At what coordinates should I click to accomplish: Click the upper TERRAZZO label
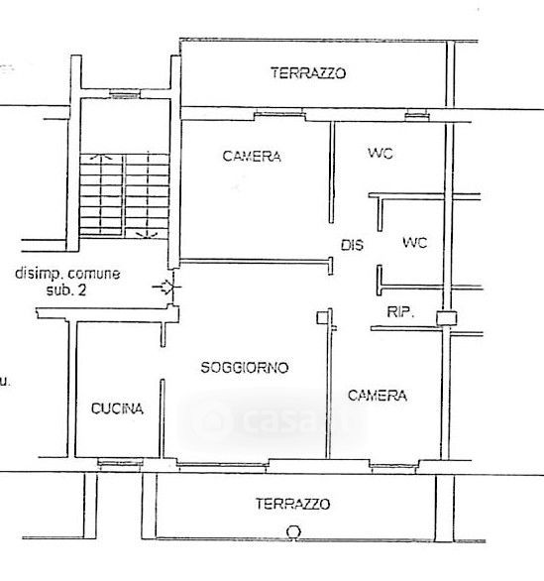tap(308, 73)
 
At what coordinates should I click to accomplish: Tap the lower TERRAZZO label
tap(292, 504)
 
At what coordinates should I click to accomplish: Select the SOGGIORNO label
tap(245, 367)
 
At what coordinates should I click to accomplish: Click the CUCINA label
tap(117, 408)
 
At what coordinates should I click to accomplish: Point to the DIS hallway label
tap(352, 245)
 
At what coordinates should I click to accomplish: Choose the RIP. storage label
tap(400, 312)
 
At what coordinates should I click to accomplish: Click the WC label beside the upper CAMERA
tap(381, 153)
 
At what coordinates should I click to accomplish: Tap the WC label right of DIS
tap(415, 243)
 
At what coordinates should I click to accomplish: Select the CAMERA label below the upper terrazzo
tap(252, 156)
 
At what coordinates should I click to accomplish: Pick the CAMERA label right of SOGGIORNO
tap(378, 396)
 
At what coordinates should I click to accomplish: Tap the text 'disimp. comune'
tap(67, 274)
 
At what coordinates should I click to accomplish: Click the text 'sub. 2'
tap(66, 290)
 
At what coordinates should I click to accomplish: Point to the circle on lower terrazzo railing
tap(293, 531)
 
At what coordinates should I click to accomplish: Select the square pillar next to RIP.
tap(446, 318)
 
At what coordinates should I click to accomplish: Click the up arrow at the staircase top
tap(101, 158)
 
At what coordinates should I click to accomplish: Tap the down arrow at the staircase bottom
tap(147, 235)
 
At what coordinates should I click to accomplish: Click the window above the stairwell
tap(125, 94)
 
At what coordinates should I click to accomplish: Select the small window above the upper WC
tap(417, 116)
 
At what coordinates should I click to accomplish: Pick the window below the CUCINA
tap(120, 463)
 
